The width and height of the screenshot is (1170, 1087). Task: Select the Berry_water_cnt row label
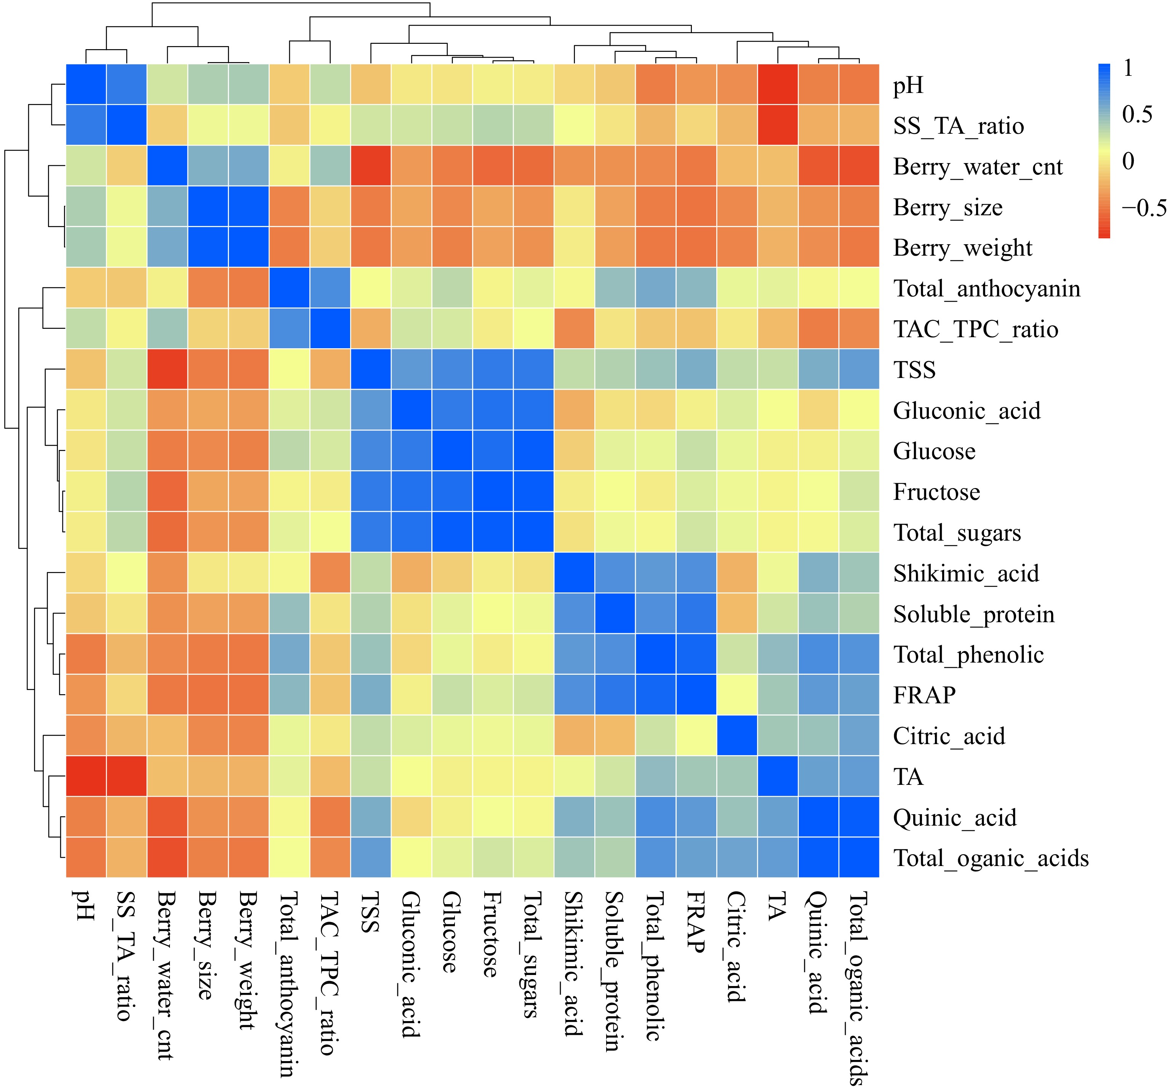977,167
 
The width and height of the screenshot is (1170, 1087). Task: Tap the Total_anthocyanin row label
986,289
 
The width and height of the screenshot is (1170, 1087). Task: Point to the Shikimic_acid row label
966,573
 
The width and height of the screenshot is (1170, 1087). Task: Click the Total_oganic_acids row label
991,858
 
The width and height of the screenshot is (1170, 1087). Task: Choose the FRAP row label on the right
924,695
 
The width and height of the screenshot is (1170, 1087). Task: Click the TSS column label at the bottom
370,912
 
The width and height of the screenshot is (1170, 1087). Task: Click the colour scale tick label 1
1128,68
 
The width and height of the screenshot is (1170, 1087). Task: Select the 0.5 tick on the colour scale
1136,115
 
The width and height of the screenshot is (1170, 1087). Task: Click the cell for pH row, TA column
778,85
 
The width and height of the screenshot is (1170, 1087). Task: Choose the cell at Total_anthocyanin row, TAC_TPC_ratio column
330,288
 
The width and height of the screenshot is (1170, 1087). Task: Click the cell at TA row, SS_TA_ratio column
126,776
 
